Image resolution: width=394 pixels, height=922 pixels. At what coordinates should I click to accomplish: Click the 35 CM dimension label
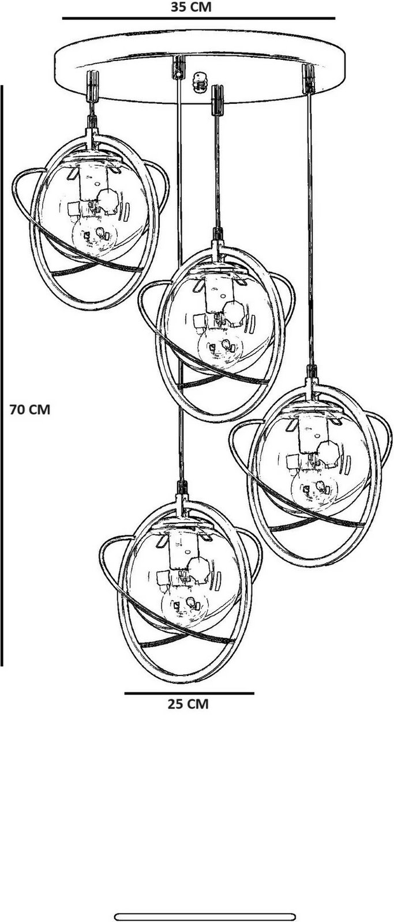click(191, 7)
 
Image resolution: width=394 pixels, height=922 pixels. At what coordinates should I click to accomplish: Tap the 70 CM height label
click(29, 410)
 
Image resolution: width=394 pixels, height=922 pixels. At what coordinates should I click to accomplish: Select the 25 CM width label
click(188, 704)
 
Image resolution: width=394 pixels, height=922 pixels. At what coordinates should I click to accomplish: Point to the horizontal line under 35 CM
click(198, 18)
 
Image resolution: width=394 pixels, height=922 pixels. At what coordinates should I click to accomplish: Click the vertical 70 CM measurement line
click(2, 375)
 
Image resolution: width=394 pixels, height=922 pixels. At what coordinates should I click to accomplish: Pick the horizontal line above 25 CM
click(189, 693)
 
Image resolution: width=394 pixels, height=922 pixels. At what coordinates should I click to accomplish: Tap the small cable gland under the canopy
click(200, 82)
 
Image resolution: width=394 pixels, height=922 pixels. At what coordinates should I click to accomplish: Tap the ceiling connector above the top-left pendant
click(92, 86)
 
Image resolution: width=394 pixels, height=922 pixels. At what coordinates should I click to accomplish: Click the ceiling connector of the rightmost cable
click(308, 79)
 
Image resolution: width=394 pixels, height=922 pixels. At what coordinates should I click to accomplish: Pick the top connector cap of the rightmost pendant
click(312, 372)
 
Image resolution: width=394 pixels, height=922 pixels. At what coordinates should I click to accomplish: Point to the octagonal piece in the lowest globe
click(198, 570)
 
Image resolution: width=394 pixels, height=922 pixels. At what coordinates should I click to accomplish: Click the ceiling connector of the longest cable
click(178, 67)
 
